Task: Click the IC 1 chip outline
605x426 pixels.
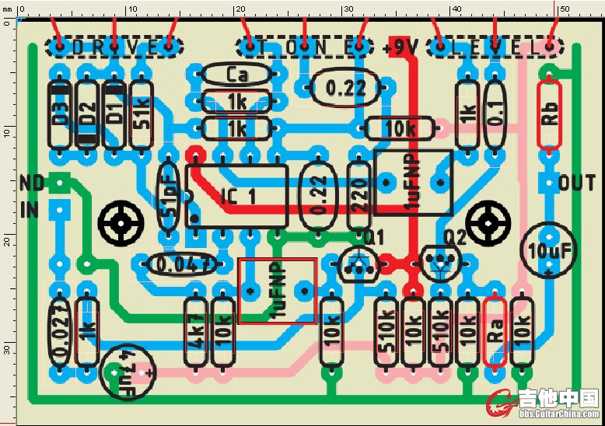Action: point(236,196)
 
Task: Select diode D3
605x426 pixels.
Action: point(61,113)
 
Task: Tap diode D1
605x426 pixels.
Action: point(114,113)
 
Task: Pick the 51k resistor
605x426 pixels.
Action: point(141,113)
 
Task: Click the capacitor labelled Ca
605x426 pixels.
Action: point(236,75)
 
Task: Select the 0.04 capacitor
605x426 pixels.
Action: point(180,264)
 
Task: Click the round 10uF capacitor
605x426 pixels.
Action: point(549,250)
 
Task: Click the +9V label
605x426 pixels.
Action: point(401,47)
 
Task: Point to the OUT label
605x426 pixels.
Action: point(577,183)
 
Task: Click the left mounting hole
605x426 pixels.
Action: point(122,223)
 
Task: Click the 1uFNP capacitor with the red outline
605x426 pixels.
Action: point(278,291)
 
